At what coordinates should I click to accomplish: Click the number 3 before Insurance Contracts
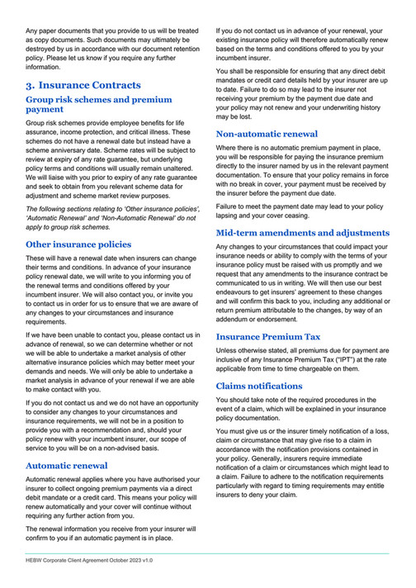pyautogui.click(x=30, y=85)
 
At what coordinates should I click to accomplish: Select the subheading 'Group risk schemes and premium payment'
pyautogui.click(x=98, y=104)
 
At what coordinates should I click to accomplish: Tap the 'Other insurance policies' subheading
pyautogui.click(x=78, y=244)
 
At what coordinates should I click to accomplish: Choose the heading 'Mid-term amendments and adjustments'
pyautogui.click(x=302, y=233)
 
